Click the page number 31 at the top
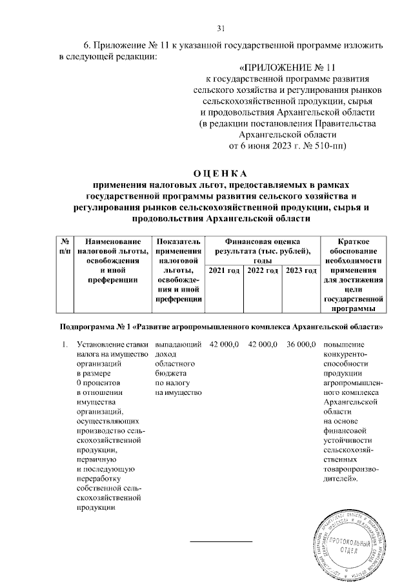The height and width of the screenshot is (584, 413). tap(220, 28)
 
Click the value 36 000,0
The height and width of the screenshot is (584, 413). tap(300, 345)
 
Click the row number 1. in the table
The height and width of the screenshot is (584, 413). tap(65, 345)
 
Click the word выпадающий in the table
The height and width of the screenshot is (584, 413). tap(177, 345)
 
